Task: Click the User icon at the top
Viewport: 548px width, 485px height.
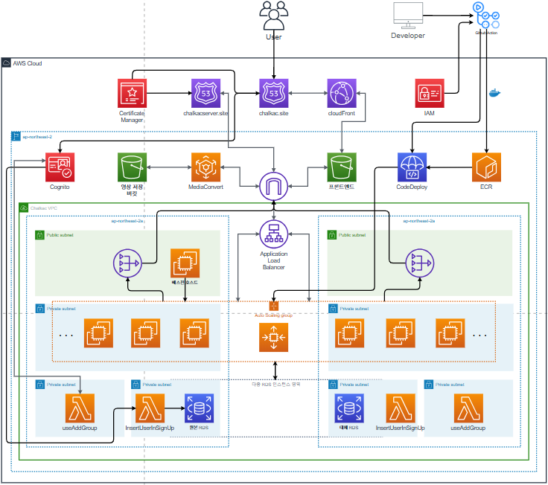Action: pos(273,16)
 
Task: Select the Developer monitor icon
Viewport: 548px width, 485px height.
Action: pos(408,15)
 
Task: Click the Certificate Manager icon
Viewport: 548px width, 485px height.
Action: pos(132,93)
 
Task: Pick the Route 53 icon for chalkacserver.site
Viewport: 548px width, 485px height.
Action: pos(205,93)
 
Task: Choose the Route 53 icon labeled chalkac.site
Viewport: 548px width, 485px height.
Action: pos(273,93)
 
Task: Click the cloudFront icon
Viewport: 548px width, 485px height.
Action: pos(342,93)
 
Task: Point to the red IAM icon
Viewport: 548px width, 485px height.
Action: pos(429,93)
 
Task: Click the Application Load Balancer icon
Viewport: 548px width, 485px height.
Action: pos(273,234)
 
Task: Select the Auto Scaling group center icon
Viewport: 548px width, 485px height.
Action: pos(273,338)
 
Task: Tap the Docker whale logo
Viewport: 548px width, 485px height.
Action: pos(494,94)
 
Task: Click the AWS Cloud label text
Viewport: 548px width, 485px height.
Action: pos(28,64)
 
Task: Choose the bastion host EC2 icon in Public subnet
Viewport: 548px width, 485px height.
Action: pos(185,263)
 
